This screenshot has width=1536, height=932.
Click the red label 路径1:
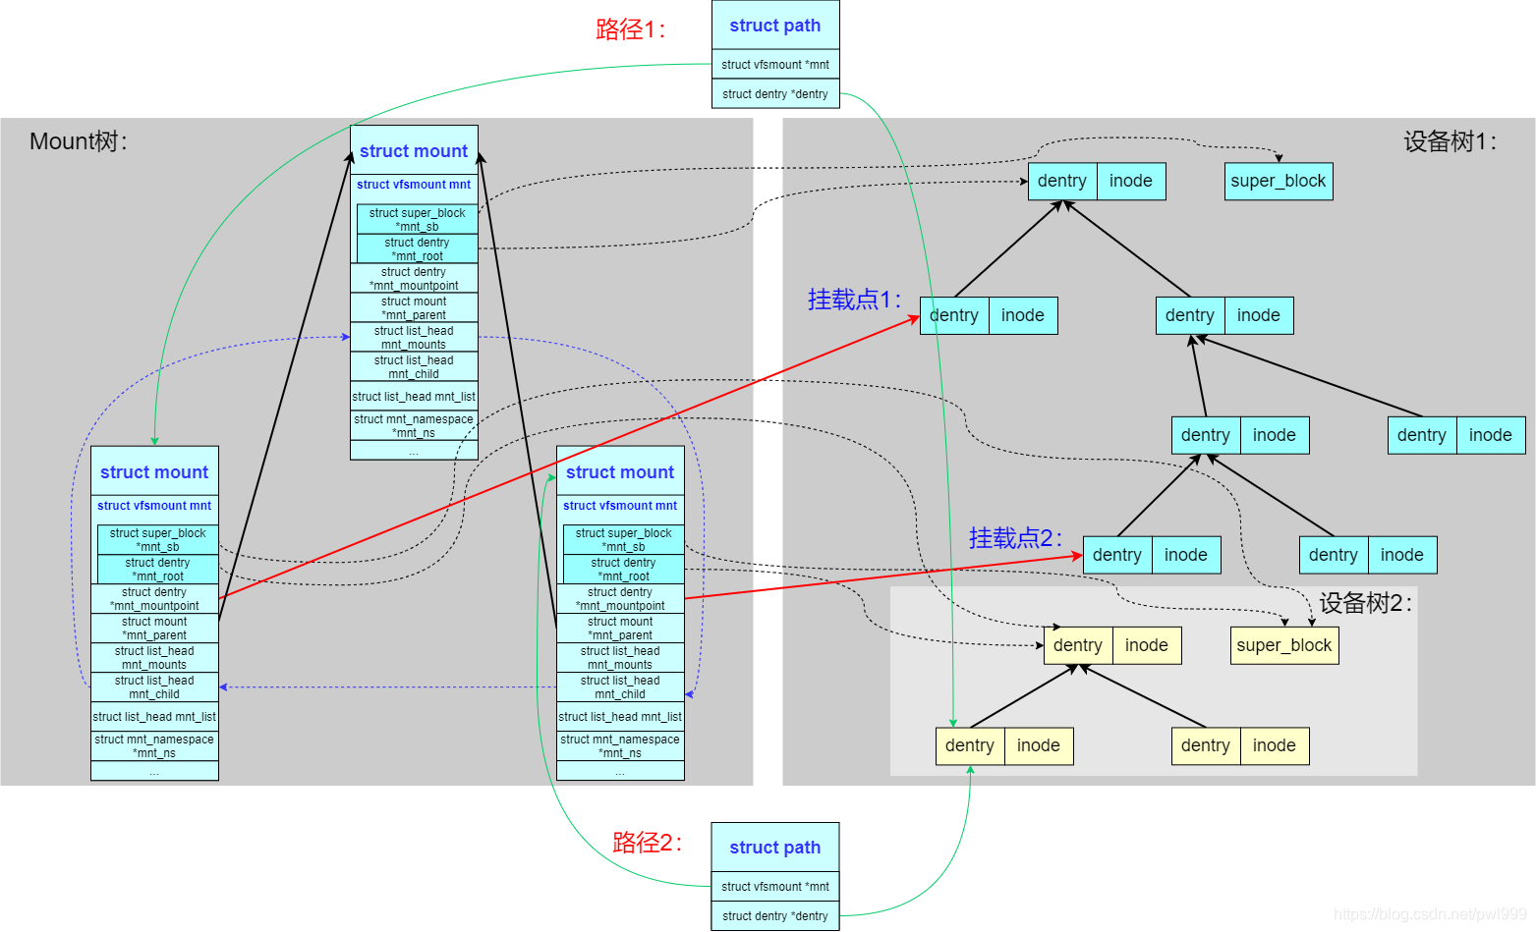tap(630, 29)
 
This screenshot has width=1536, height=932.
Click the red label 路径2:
tap(647, 843)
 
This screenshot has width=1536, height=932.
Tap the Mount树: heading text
tap(79, 141)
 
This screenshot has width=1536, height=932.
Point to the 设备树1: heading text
tap(1450, 142)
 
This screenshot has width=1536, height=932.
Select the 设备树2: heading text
tap(1365, 603)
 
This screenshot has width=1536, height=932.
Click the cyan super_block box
tap(1278, 181)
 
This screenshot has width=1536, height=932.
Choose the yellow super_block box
tap(1283, 645)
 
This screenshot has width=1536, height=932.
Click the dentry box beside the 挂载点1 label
tap(954, 315)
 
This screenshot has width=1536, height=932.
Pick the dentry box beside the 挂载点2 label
tap(1117, 555)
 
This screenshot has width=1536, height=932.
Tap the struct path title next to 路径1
tap(775, 26)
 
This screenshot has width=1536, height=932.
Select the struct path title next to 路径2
tap(775, 848)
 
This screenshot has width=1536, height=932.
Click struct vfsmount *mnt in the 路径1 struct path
tap(775, 65)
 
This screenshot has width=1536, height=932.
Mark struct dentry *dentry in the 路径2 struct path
tap(775, 916)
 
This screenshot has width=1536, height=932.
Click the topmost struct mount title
tap(414, 151)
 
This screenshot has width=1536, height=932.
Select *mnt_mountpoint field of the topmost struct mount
tap(414, 279)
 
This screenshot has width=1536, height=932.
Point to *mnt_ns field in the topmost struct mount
tap(414, 426)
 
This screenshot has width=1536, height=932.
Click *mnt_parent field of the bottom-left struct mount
tap(154, 629)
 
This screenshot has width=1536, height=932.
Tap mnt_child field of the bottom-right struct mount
tap(620, 687)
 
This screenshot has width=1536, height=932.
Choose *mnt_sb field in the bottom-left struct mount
tap(158, 540)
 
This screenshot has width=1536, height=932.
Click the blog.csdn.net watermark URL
tap(1430, 914)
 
